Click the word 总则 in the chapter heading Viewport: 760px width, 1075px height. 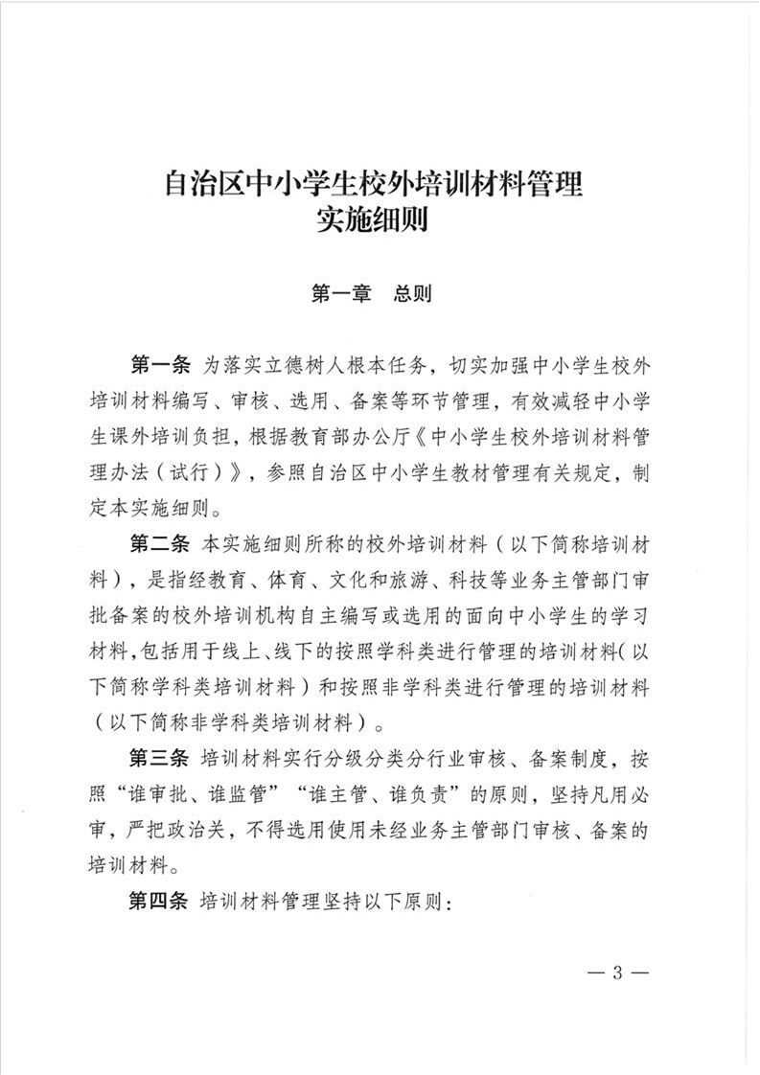pyautogui.click(x=413, y=293)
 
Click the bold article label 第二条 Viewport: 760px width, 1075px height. pyautogui.click(x=161, y=544)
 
